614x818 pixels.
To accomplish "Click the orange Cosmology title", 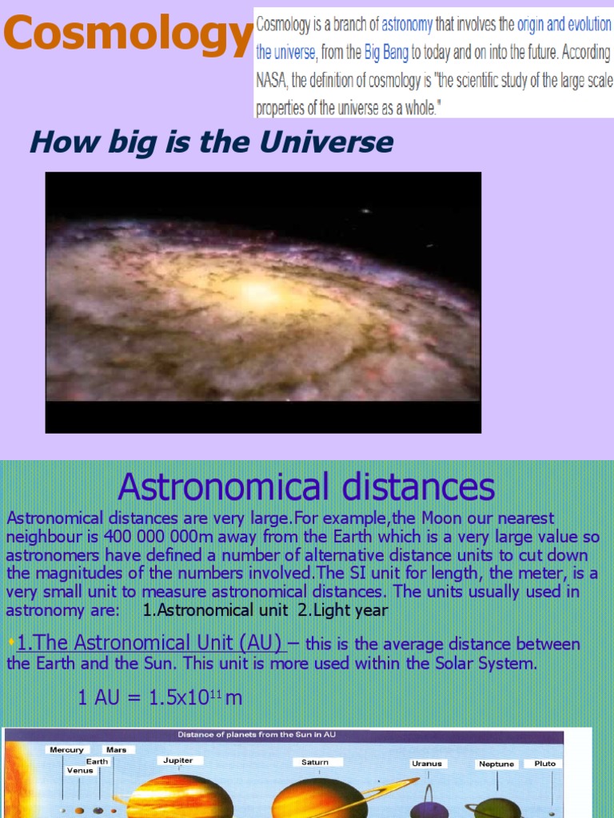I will pos(128,33).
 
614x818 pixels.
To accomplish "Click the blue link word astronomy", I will pos(407,25).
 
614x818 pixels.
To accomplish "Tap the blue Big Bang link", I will pos(387,54).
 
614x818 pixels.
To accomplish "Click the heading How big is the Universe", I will pos(211,143).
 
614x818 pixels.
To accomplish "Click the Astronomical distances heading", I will pos(306,486).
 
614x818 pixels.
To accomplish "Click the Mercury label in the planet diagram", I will pos(66,750).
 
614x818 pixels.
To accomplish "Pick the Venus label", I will pos(80,771).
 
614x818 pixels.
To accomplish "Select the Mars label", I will pos(117,750).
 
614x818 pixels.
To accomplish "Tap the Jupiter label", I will pos(177,760).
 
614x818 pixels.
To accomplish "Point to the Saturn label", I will pos(315,762).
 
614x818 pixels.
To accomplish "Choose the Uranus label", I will pos(427,764).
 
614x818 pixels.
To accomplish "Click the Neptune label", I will pos(496,764).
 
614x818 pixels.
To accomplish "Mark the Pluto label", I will pos(544,764).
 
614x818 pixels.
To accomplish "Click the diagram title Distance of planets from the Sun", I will pos(256,735).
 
